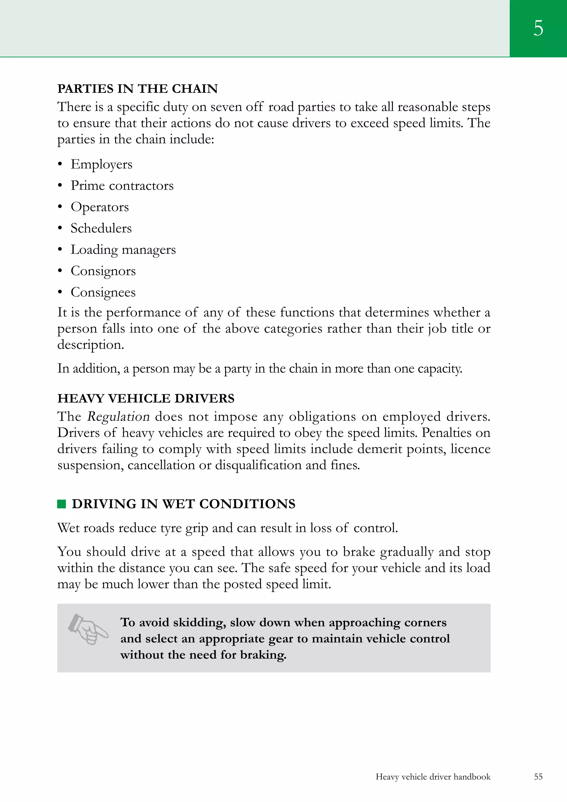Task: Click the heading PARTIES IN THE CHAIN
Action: click(137, 89)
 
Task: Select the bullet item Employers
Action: click(101, 164)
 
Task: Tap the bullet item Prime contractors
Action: click(122, 185)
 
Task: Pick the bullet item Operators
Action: click(100, 207)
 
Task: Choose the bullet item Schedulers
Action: click(101, 228)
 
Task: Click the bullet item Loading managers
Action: click(123, 250)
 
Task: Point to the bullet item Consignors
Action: click(103, 271)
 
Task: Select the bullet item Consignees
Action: click(103, 292)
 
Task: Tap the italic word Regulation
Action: click(118, 416)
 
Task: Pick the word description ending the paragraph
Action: click(91, 345)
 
